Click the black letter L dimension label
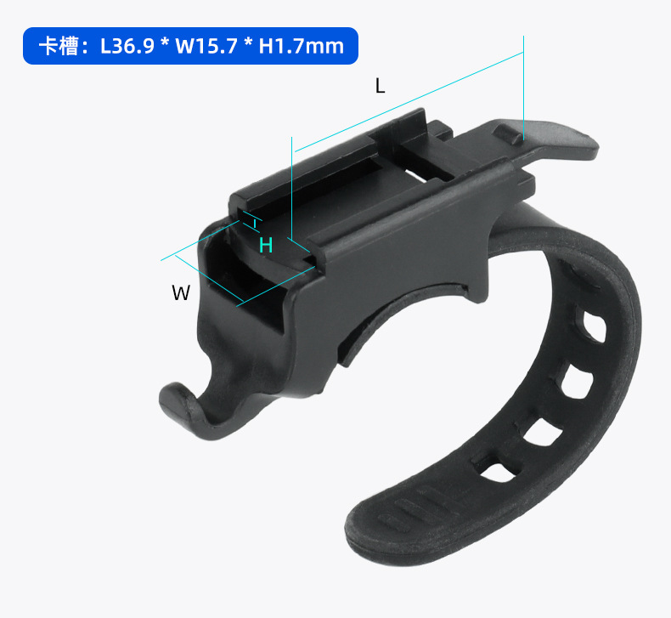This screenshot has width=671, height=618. pyautogui.click(x=380, y=86)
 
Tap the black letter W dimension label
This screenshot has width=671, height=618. pyautogui.click(x=181, y=293)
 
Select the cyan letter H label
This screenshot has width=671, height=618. pyautogui.click(x=266, y=245)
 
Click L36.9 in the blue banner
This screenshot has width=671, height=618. pyautogui.click(x=127, y=46)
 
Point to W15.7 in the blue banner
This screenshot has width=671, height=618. pyautogui.click(x=206, y=46)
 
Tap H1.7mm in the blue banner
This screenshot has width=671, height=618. pyautogui.click(x=302, y=46)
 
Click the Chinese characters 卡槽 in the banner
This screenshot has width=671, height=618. pyautogui.click(x=59, y=46)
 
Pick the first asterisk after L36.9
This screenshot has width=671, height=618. pyautogui.click(x=165, y=43)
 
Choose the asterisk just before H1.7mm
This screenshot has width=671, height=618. pyautogui.click(x=248, y=43)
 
